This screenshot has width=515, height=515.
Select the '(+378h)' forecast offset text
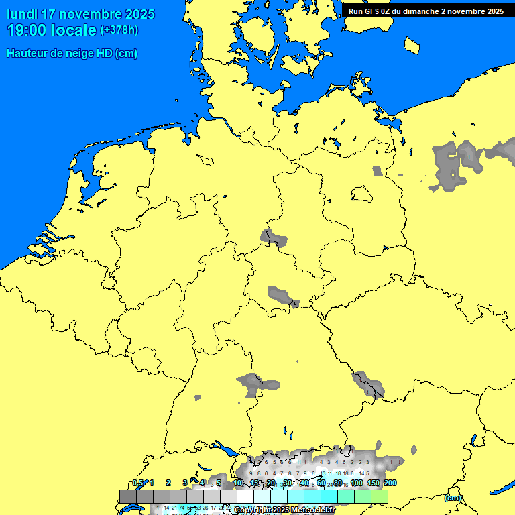tap(119, 30)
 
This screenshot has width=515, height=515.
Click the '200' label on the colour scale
tap(390, 483)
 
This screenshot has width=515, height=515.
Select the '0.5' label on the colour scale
tap(138, 483)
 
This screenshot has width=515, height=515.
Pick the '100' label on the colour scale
tap(357, 483)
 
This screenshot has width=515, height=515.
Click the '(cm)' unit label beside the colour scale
tap(453, 498)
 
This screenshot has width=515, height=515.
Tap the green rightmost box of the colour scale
tap(380, 496)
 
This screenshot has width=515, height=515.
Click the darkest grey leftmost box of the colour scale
tap(128, 496)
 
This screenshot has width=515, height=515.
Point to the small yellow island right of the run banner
tap(412, 45)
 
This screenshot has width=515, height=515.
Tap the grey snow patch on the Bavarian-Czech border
tap(368, 384)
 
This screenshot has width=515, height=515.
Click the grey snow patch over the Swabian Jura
tap(251, 384)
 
